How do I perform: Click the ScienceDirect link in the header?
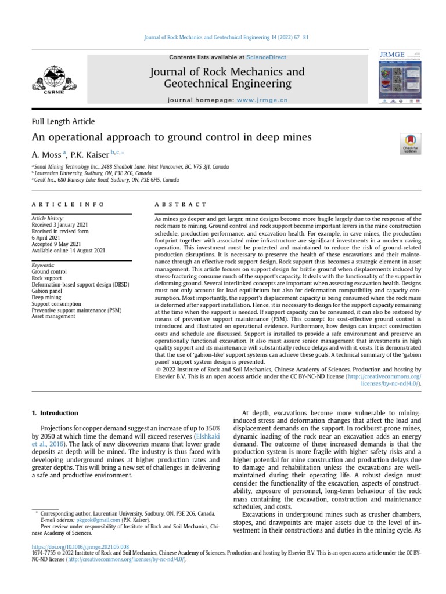pyautogui.click(x=266, y=57)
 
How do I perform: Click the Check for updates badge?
pyautogui.click(x=411, y=144)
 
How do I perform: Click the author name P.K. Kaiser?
pyautogui.click(x=89, y=155)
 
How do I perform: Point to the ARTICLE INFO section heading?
pyautogui.click(x=68, y=205)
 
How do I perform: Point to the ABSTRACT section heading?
pyautogui.click(x=180, y=205)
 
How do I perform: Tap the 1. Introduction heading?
pyautogui.click(x=54, y=413)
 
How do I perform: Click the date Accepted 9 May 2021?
pyautogui.click(x=56, y=244)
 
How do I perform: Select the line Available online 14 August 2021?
pyautogui.click(x=68, y=251)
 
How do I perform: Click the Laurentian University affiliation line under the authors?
pyautogui.click(x=93, y=173)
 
